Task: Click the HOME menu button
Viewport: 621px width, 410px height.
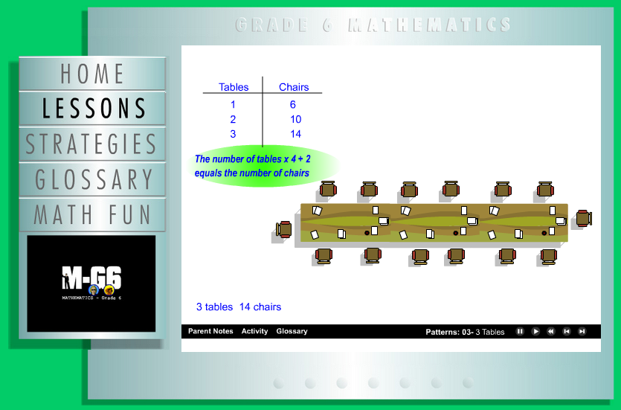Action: coord(92,74)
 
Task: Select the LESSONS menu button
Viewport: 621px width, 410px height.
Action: coord(92,109)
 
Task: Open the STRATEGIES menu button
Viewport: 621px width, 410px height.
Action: coord(92,144)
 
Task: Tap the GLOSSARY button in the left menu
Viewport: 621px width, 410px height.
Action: coord(92,179)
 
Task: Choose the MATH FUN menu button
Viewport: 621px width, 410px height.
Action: coord(92,214)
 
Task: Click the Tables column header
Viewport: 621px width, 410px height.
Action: coord(234,87)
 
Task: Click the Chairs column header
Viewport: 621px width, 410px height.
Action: coord(294,87)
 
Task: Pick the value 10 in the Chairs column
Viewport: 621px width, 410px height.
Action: coord(295,119)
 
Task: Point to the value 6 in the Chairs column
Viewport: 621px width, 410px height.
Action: coord(293,105)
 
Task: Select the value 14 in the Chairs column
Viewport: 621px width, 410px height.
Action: coord(295,134)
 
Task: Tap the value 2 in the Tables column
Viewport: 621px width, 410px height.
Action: coord(233,119)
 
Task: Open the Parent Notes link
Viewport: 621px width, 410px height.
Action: coord(210,331)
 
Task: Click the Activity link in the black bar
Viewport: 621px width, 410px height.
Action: coord(254,331)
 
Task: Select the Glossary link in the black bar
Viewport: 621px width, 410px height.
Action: coord(292,331)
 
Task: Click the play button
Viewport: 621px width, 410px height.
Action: coord(535,332)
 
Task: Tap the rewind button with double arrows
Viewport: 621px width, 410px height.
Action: coord(551,332)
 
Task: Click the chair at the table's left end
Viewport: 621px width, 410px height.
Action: coord(284,229)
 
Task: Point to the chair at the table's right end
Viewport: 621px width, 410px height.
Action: coord(584,218)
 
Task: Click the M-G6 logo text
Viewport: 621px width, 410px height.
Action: coord(91,278)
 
